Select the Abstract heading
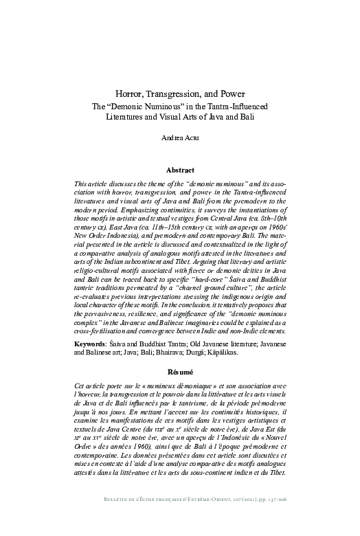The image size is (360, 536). [180, 169]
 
